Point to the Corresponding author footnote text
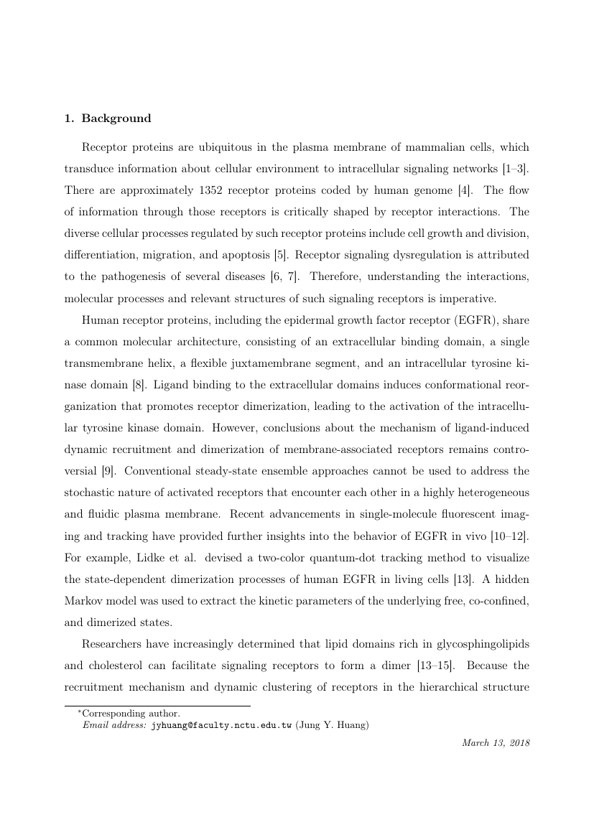(x=131, y=714)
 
